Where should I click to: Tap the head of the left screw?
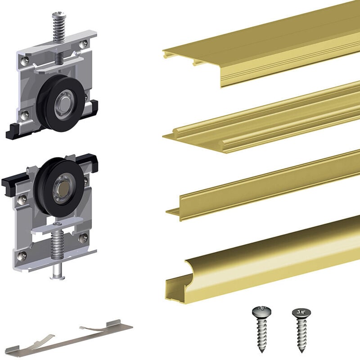259,311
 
